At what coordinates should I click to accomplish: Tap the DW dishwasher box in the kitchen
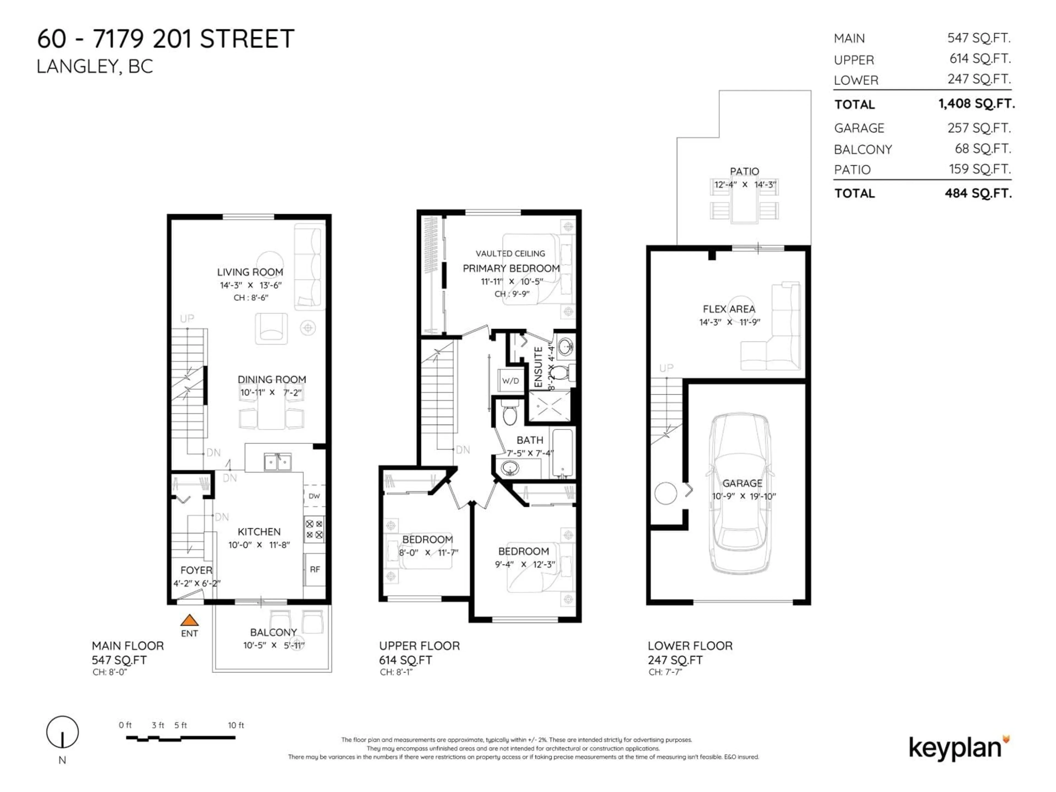tap(314, 496)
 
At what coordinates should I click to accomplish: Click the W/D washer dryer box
tap(510, 381)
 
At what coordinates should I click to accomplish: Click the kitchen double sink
tap(277, 462)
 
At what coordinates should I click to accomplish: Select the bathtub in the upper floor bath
tap(563, 453)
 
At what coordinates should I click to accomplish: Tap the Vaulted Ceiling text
tap(510, 254)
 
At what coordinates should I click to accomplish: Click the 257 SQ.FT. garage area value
tap(979, 128)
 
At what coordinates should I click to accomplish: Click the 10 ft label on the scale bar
tap(236, 725)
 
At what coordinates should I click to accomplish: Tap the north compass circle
tap(62, 732)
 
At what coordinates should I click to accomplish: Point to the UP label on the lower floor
tap(666, 368)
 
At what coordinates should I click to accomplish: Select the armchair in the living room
tap(271, 328)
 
